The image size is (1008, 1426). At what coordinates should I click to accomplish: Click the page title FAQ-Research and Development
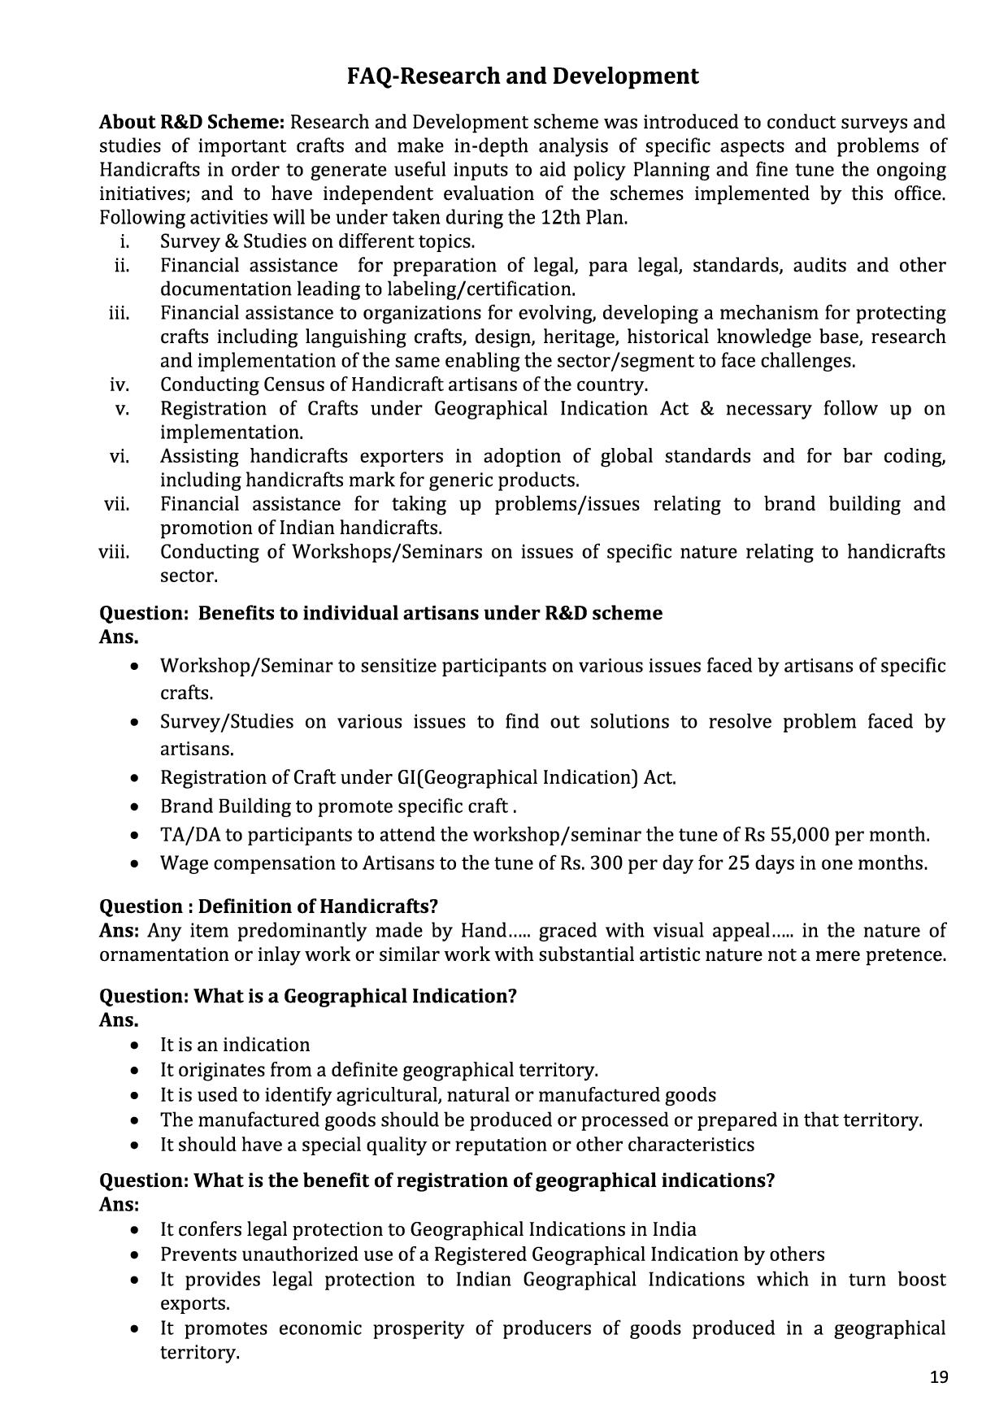(x=523, y=76)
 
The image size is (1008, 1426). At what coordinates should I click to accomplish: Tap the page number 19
(x=939, y=1377)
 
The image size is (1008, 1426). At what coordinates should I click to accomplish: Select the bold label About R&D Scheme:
(x=192, y=123)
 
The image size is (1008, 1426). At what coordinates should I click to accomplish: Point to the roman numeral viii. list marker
(x=115, y=552)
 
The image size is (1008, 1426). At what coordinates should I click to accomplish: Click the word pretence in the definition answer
(x=905, y=954)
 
